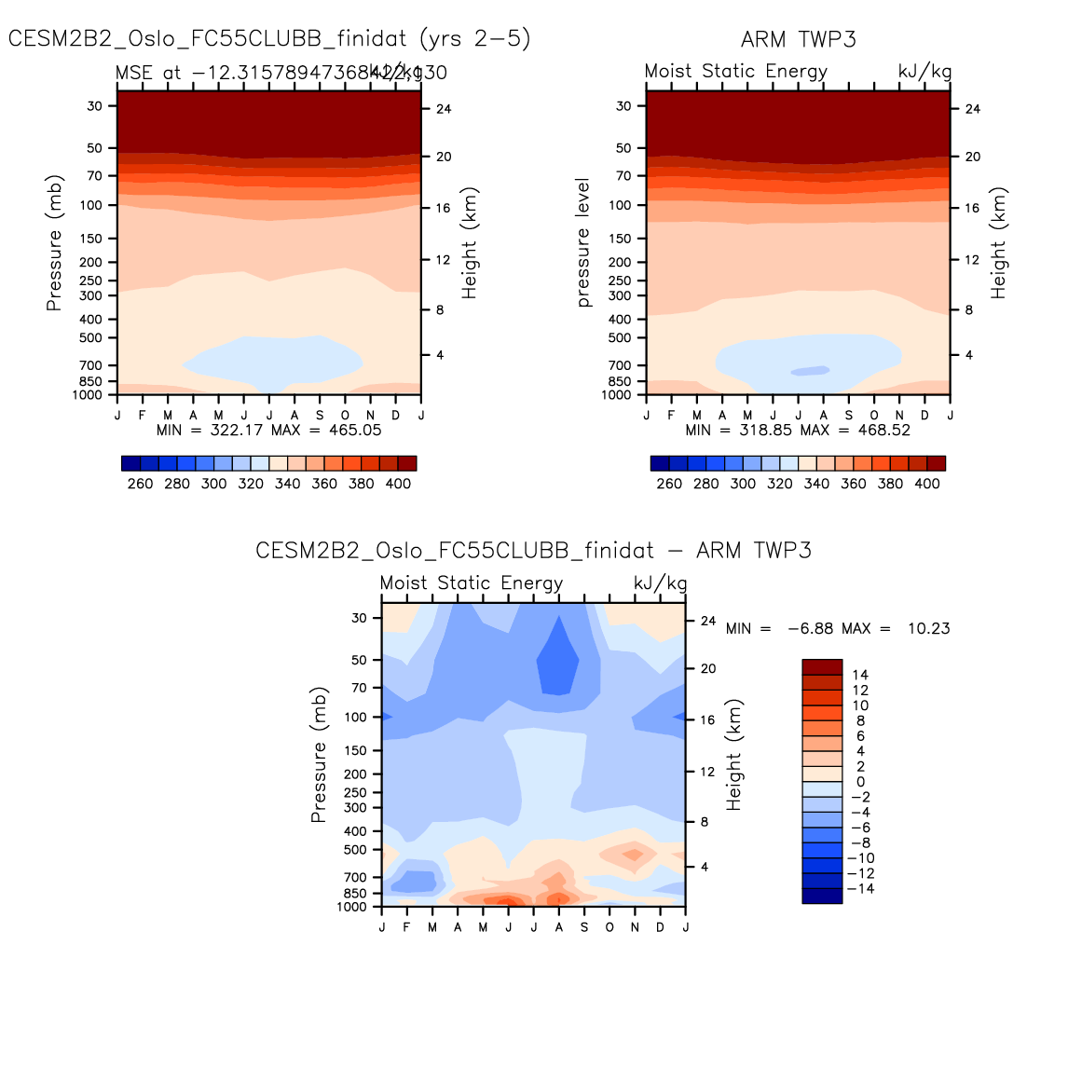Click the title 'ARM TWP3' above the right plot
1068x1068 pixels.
click(798, 39)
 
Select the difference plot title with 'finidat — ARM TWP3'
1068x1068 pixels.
click(533, 551)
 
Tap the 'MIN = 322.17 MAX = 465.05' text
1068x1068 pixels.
click(268, 430)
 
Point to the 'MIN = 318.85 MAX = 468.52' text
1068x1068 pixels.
click(798, 430)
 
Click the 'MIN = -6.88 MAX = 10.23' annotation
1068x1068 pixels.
click(838, 628)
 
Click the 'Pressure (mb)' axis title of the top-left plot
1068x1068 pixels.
click(54, 243)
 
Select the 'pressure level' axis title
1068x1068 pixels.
click(583, 242)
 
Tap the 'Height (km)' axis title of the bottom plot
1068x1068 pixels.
click(733, 755)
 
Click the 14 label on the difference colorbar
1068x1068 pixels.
click(860, 675)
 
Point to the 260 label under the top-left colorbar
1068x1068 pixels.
click(140, 484)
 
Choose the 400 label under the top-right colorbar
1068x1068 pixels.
click(927, 484)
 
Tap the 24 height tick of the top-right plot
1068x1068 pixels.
click(972, 109)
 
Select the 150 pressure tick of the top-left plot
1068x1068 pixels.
click(90, 239)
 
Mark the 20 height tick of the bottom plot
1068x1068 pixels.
click(708, 669)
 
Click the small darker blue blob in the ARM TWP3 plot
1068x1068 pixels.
click(810, 371)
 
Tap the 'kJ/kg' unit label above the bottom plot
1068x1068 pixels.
click(660, 583)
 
